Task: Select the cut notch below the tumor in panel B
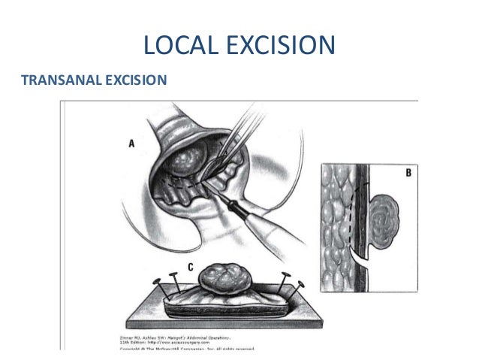tap(367, 259)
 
